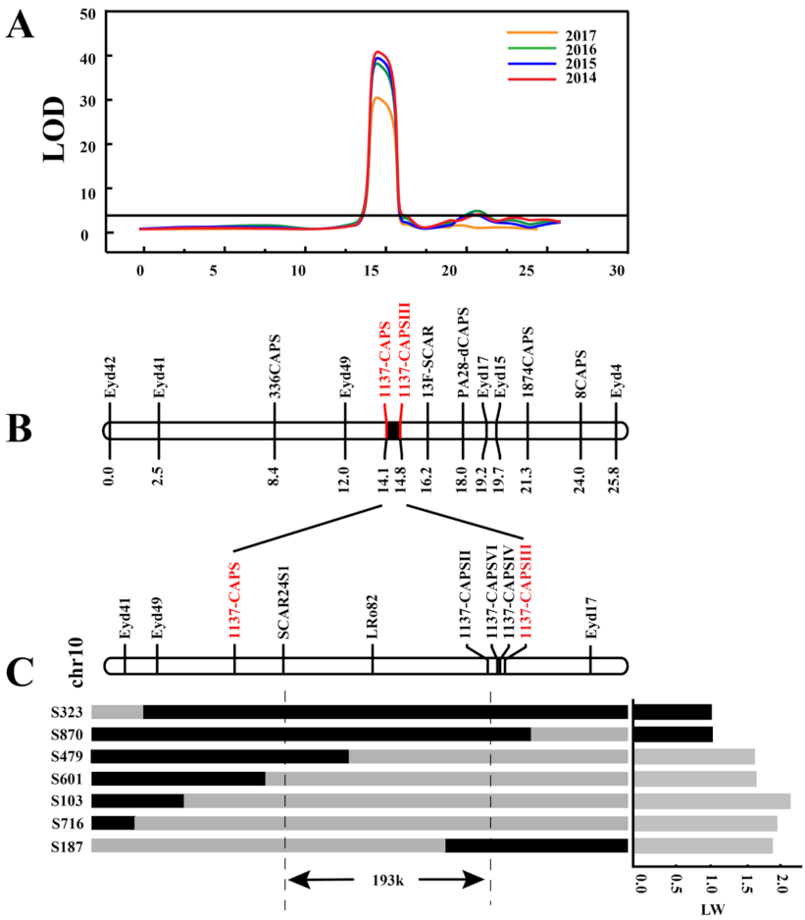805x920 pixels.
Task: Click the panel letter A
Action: [x=21, y=24]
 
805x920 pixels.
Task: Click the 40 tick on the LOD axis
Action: [x=90, y=57]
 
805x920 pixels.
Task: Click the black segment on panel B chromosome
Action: [x=393, y=431]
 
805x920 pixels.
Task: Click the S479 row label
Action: [x=67, y=756]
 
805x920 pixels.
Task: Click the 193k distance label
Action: [x=387, y=880]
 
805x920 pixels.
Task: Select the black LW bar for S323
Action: [x=674, y=711]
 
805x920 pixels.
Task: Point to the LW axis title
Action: [x=713, y=909]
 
